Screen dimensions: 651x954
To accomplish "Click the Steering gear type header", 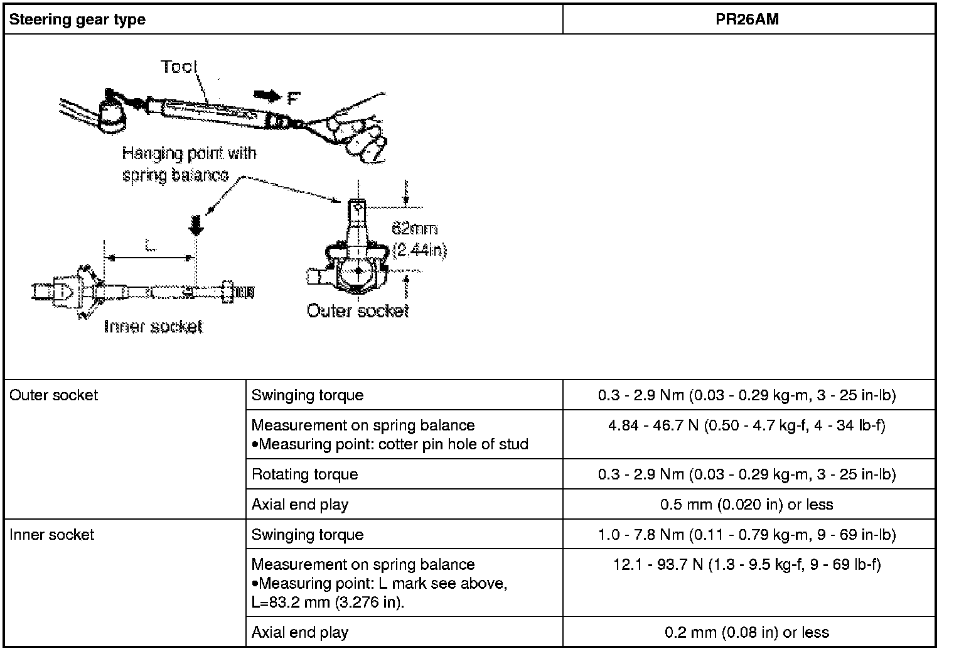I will coord(78,19).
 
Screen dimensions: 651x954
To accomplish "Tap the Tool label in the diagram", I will coord(179,67).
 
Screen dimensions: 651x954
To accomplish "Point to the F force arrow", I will coord(268,96).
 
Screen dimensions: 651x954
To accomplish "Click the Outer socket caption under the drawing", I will coord(357,310).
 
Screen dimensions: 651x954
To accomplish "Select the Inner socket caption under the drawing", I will coord(153,326).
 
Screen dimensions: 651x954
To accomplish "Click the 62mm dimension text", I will coord(414,229).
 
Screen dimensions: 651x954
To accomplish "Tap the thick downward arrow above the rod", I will coord(196,225).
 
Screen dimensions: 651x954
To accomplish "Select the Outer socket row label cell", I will coord(54,395).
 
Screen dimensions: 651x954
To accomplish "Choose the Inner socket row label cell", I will coord(52,535).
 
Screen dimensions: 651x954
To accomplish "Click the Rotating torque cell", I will coord(305,474).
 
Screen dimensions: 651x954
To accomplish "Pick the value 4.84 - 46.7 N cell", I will coord(747,426).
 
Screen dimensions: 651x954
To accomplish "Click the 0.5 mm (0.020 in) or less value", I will coord(747,505).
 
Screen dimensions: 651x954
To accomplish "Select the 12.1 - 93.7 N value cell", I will coord(747,565).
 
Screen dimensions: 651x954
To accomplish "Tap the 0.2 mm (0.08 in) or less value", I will coord(747,633).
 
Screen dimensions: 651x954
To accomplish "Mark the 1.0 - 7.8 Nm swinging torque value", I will coord(747,535).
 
